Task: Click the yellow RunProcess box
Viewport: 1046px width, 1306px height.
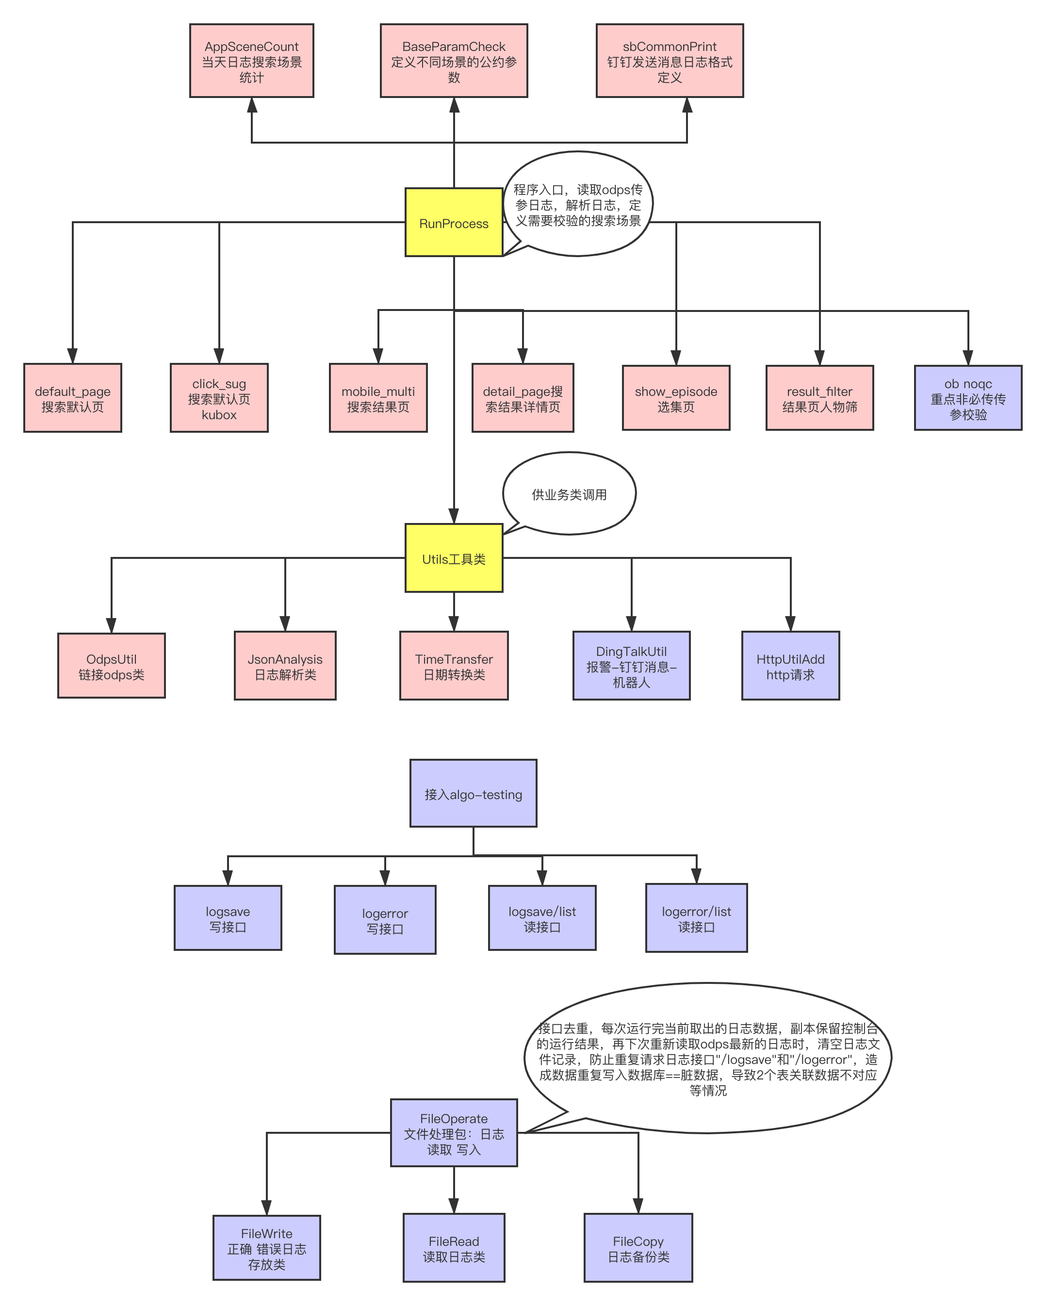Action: pos(454,222)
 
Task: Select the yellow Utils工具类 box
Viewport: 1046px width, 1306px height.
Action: pos(454,558)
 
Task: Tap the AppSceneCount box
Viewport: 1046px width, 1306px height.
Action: pos(251,61)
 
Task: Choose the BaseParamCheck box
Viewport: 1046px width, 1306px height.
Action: pos(454,61)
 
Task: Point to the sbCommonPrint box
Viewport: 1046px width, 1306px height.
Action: pos(669,61)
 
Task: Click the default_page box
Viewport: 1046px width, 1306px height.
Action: pos(73,398)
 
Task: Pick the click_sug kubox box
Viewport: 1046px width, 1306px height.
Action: pos(219,398)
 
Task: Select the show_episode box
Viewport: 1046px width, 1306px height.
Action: pos(676,398)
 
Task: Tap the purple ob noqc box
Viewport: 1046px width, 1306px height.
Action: pos(968,398)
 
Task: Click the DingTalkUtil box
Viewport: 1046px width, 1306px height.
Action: pos(631,666)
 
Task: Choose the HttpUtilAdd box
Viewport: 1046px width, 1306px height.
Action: pos(790,666)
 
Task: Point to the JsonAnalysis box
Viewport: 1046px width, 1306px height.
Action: pos(285,666)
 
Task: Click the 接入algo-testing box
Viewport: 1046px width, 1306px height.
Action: pos(473,794)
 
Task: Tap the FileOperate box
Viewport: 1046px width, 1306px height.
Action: pos(454,1133)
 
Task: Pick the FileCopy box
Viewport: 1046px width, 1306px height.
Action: pos(638,1248)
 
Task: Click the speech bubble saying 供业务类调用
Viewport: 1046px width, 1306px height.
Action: pos(570,494)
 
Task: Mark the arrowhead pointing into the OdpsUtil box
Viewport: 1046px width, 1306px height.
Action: pos(111,626)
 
